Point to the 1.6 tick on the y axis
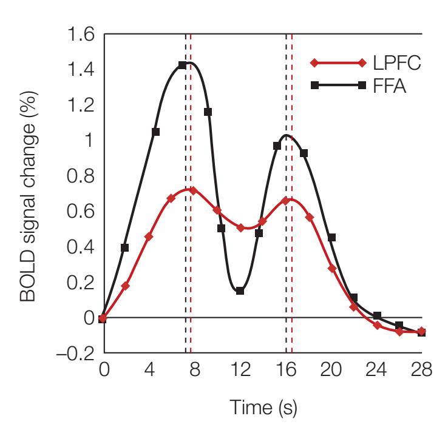tap(81, 35)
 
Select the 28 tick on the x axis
tap(421, 369)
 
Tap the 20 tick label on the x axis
tap(331, 369)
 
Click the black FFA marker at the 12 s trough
tap(240, 291)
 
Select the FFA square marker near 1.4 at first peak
tap(182, 65)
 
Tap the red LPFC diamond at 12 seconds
tap(241, 228)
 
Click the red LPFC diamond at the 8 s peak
tap(193, 190)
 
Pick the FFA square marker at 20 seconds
tap(331, 237)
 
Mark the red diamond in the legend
tap(314, 62)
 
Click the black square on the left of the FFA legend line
tap(314, 87)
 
